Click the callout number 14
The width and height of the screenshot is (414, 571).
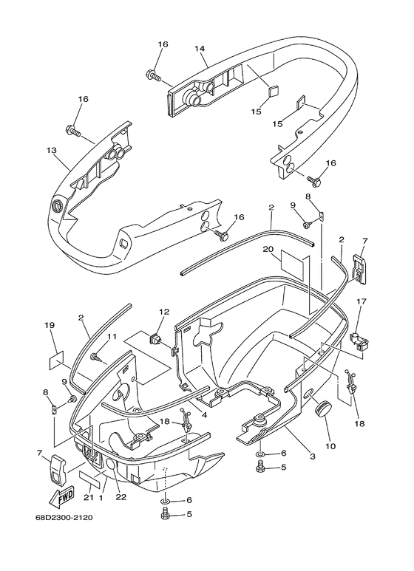[200, 49]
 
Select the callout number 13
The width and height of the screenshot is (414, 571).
[51, 150]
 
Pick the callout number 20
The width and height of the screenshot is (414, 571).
[268, 248]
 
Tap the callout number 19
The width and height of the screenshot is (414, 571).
[50, 325]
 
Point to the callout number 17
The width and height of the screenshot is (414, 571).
[362, 301]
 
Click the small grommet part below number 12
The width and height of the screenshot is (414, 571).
[157, 341]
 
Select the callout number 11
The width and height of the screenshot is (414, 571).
[112, 337]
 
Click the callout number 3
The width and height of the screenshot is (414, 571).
[313, 457]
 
